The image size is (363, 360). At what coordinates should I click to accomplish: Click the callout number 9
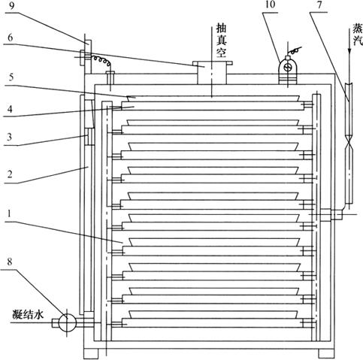point(12,6)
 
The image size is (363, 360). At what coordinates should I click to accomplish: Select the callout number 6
point(10,38)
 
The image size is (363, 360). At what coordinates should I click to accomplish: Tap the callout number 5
point(11,77)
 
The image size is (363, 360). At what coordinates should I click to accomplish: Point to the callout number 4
point(10,109)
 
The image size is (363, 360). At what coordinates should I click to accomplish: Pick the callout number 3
point(9,138)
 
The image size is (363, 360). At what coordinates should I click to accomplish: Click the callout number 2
point(10,174)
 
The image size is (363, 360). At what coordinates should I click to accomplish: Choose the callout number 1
point(9,213)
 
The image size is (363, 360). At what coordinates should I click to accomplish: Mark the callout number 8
point(10,262)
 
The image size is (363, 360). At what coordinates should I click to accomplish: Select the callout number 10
point(270,5)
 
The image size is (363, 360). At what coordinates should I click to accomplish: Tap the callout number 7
point(319,5)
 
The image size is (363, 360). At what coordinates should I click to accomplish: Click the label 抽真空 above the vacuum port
point(222,40)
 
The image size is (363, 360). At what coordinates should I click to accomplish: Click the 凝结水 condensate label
point(28,314)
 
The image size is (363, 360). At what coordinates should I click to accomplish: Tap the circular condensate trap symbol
point(67,322)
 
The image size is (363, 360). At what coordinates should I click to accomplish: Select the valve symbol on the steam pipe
point(349,145)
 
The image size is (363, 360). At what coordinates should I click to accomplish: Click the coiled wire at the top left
point(101,59)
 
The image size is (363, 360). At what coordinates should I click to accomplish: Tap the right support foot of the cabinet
point(326,353)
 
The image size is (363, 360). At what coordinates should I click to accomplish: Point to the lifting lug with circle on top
point(289,68)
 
